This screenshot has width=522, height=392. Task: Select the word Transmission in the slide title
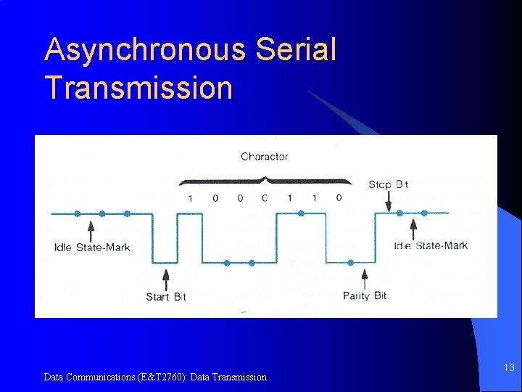click(138, 88)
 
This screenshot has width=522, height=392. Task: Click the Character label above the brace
click(264, 156)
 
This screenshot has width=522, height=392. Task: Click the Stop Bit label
click(388, 184)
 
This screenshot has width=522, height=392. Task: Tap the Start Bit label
click(166, 296)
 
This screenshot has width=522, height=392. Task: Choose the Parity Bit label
click(365, 295)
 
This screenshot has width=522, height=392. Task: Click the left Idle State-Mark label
click(92, 248)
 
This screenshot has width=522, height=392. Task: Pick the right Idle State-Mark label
click(431, 245)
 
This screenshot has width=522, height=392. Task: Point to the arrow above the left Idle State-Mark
click(91, 230)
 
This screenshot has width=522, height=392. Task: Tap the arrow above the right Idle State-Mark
click(413, 229)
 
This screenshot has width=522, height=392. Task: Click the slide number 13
click(509, 368)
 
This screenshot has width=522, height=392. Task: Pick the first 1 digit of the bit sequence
click(190, 198)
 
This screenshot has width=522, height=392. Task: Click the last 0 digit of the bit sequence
click(339, 197)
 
